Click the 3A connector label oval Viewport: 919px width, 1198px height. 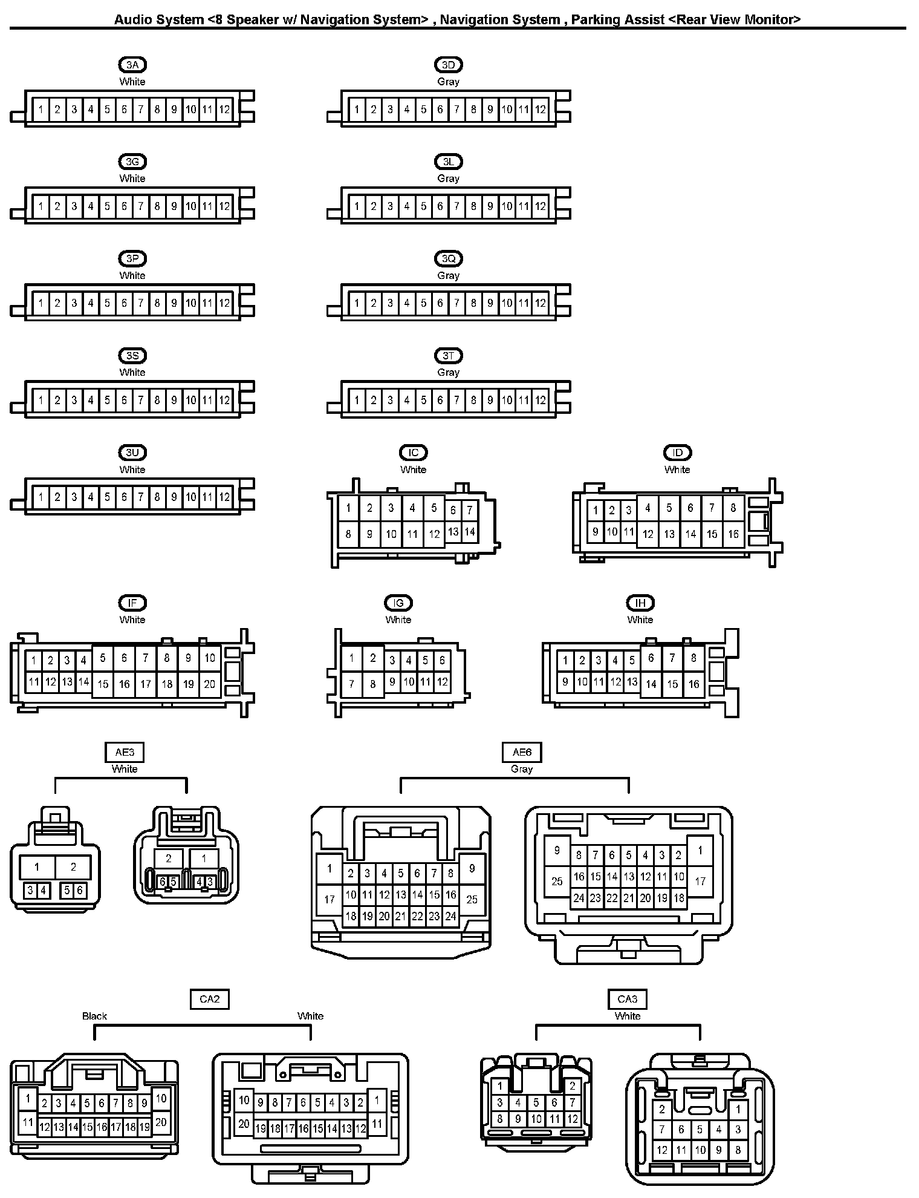click(x=132, y=65)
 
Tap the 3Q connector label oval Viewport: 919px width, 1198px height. click(x=448, y=259)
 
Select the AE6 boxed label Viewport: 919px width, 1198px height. click(x=522, y=752)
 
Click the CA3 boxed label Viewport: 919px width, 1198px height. click(x=628, y=999)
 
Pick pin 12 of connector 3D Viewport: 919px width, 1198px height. click(x=541, y=110)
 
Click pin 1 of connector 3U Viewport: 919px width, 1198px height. click(x=41, y=497)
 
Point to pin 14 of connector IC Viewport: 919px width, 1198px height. click(x=470, y=532)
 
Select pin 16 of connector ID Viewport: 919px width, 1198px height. click(x=733, y=534)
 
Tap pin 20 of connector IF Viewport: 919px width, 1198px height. click(x=209, y=684)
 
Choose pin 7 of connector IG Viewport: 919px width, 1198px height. click(x=351, y=684)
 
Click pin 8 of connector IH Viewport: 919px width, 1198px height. click(x=693, y=658)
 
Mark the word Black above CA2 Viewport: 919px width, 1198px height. click(x=94, y=1016)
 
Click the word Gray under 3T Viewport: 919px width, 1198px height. click(x=448, y=372)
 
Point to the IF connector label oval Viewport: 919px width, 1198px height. click(x=132, y=603)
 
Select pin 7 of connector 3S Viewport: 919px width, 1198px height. click(x=141, y=400)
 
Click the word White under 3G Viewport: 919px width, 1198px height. click(x=132, y=178)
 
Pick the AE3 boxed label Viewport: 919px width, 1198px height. click(x=125, y=752)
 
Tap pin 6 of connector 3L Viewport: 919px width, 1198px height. click(x=440, y=206)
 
